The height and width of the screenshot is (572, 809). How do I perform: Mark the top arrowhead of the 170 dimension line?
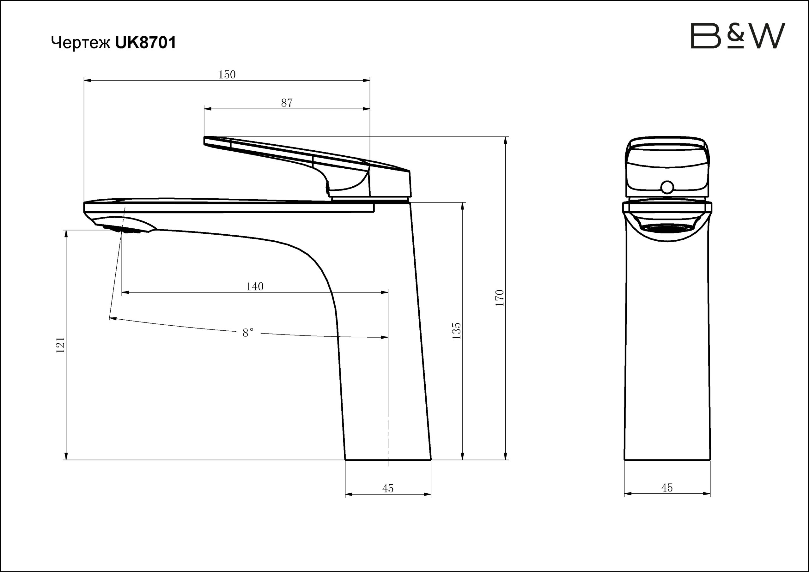click(506, 140)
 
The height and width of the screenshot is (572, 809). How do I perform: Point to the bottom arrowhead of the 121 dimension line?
click(66, 456)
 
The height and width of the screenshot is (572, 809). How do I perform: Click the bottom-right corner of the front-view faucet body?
click(710, 460)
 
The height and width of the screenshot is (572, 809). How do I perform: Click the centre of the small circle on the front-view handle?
click(667, 187)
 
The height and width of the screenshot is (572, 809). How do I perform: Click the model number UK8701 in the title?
click(145, 43)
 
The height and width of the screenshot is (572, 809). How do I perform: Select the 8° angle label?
click(248, 333)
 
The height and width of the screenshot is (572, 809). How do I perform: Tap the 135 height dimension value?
click(456, 330)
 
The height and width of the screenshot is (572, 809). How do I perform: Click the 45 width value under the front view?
click(667, 487)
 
